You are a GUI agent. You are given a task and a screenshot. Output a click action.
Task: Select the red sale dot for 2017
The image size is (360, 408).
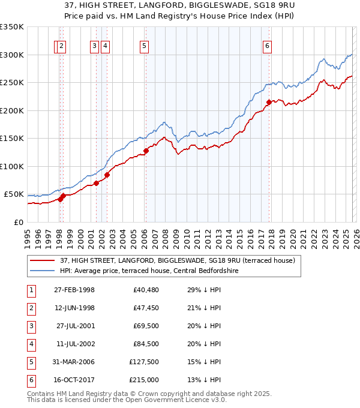(x=269, y=102)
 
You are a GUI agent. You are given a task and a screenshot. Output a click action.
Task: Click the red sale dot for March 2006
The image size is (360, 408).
(x=146, y=151)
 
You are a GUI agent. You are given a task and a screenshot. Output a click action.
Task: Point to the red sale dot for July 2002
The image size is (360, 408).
(x=107, y=175)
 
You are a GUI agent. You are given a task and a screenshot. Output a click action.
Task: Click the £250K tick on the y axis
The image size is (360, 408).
(x=12, y=83)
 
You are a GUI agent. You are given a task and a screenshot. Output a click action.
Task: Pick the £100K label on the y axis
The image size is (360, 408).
(x=12, y=166)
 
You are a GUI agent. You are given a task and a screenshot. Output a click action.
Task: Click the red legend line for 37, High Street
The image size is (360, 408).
(x=43, y=261)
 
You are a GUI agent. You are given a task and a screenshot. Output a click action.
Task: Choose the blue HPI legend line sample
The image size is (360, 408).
(x=43, y=271)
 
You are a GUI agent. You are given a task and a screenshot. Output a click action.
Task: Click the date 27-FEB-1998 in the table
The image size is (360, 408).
(x=74, y=290)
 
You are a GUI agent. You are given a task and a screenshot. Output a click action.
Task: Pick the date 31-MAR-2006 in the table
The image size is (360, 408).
(x=74, y=362)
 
